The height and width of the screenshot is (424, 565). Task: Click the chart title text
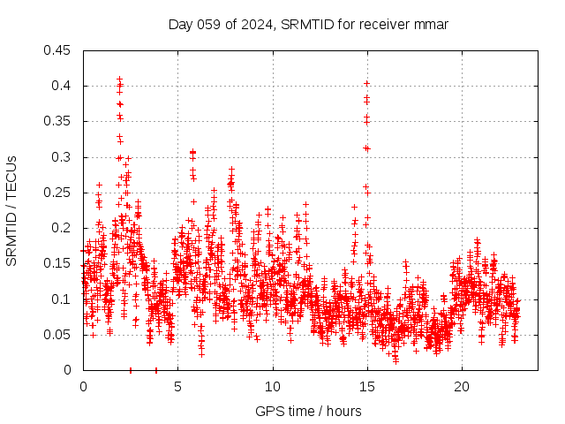coord(308,25)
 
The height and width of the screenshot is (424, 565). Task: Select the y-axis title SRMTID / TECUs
coord(11,210)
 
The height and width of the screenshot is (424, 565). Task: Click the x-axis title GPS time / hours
coord(308,411)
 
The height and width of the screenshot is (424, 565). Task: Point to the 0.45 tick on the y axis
coord(58,50)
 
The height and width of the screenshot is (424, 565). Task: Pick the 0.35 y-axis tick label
coord(58,121)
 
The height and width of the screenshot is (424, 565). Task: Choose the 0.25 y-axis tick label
coord(58,193)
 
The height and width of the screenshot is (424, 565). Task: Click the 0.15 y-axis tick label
coord(58,263)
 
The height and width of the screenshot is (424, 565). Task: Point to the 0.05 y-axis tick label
coord(58,335)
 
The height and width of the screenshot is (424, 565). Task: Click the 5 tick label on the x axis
coord(177,387)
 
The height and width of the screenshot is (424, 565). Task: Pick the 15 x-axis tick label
coord(366,387)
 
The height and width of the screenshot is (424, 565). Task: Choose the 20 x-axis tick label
coord(461,387)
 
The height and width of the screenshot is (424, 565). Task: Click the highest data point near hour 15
coord(366,83)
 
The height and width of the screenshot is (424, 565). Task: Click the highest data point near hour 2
coord(119,79)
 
